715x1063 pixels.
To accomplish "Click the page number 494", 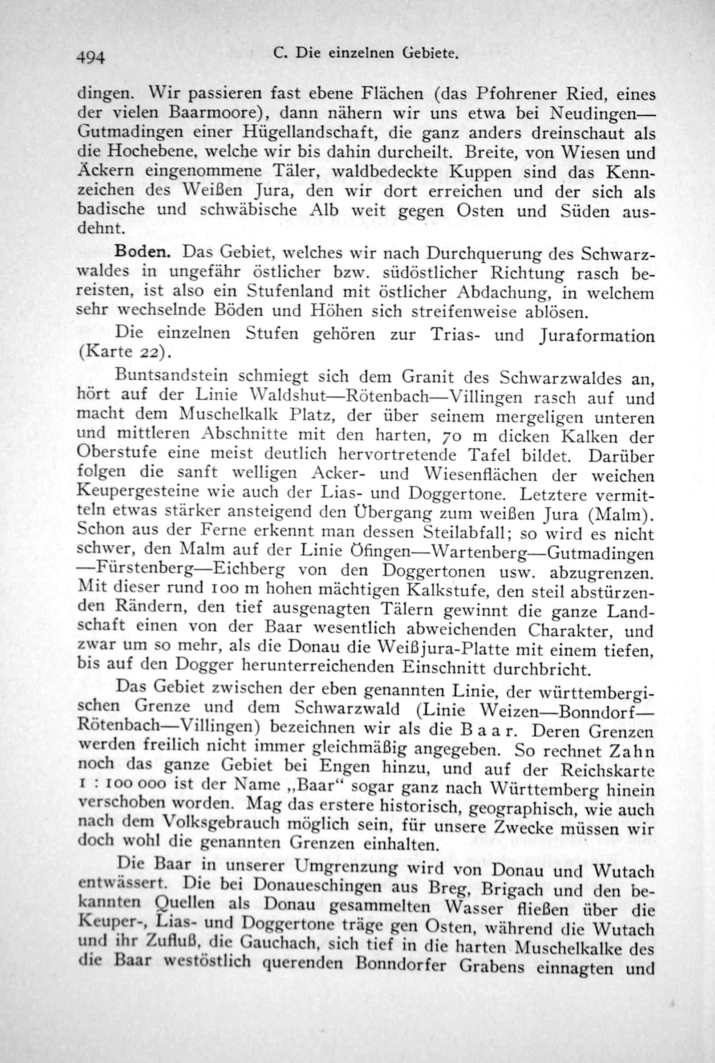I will pyautogui.click(x=92, y=58).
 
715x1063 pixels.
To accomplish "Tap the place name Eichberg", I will pyautogui.click(x=248, y=571).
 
